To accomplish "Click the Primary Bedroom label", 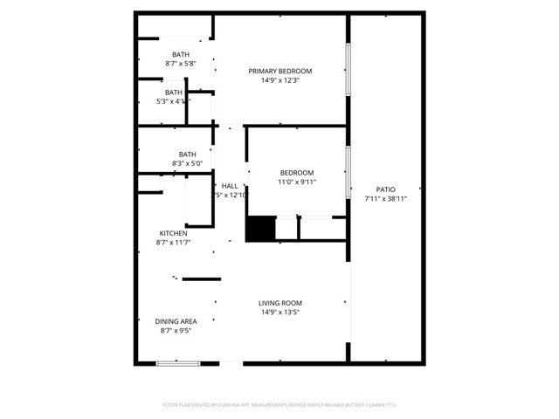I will [279, 72].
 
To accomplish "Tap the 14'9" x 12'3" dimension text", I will [279, 81].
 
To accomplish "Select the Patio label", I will [385, 189].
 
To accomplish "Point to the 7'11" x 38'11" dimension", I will [385, 199].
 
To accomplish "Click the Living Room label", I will [279, 303].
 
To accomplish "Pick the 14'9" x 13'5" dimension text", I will [279, 313].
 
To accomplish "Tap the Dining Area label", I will [176, 321].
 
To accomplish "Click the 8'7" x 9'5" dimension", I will [176, 331].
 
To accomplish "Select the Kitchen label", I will [173, 233].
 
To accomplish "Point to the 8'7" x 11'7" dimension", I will [174, 243].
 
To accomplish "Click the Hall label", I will [230, 186].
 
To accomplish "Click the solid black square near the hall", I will [259, 229].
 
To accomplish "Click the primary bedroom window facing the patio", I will [348, 71].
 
